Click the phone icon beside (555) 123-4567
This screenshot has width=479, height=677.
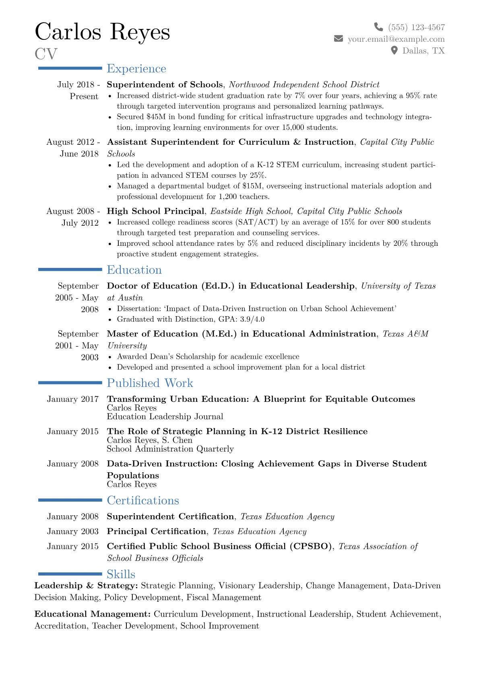(x=378, y=27)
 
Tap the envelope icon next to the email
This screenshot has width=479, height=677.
(x=339, y=39)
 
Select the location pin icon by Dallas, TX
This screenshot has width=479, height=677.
(x=394, y=50)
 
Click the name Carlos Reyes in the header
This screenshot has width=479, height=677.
(x=102, y=32)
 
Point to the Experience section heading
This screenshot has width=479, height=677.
(x=136, y=69)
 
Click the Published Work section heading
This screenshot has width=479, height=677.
(x=150, y=383)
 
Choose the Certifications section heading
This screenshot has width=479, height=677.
(x=143, y=500)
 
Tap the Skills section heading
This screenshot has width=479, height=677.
(x=121, y=574)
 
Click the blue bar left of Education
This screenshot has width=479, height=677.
(x=70, y=270)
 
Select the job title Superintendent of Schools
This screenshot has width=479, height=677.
(x=165, y=84)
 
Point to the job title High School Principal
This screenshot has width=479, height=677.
(x=155, y=211)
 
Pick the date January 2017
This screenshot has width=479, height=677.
(x=73, y=399)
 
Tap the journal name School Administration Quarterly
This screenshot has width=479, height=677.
(x=170, y=449)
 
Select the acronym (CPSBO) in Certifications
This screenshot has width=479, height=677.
(x=311, y=546)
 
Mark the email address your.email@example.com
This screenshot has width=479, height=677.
(x=396, y=39)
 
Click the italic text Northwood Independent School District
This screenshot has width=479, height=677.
(x=304, y=84)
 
